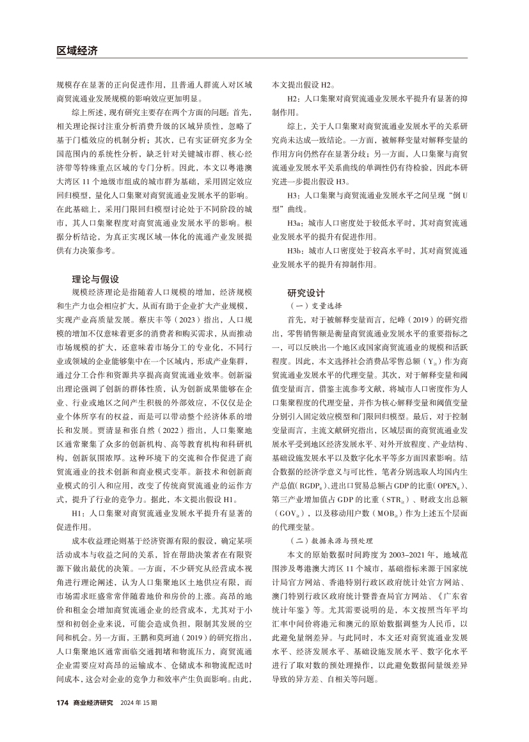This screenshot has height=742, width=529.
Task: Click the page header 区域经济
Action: point(76,51)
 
